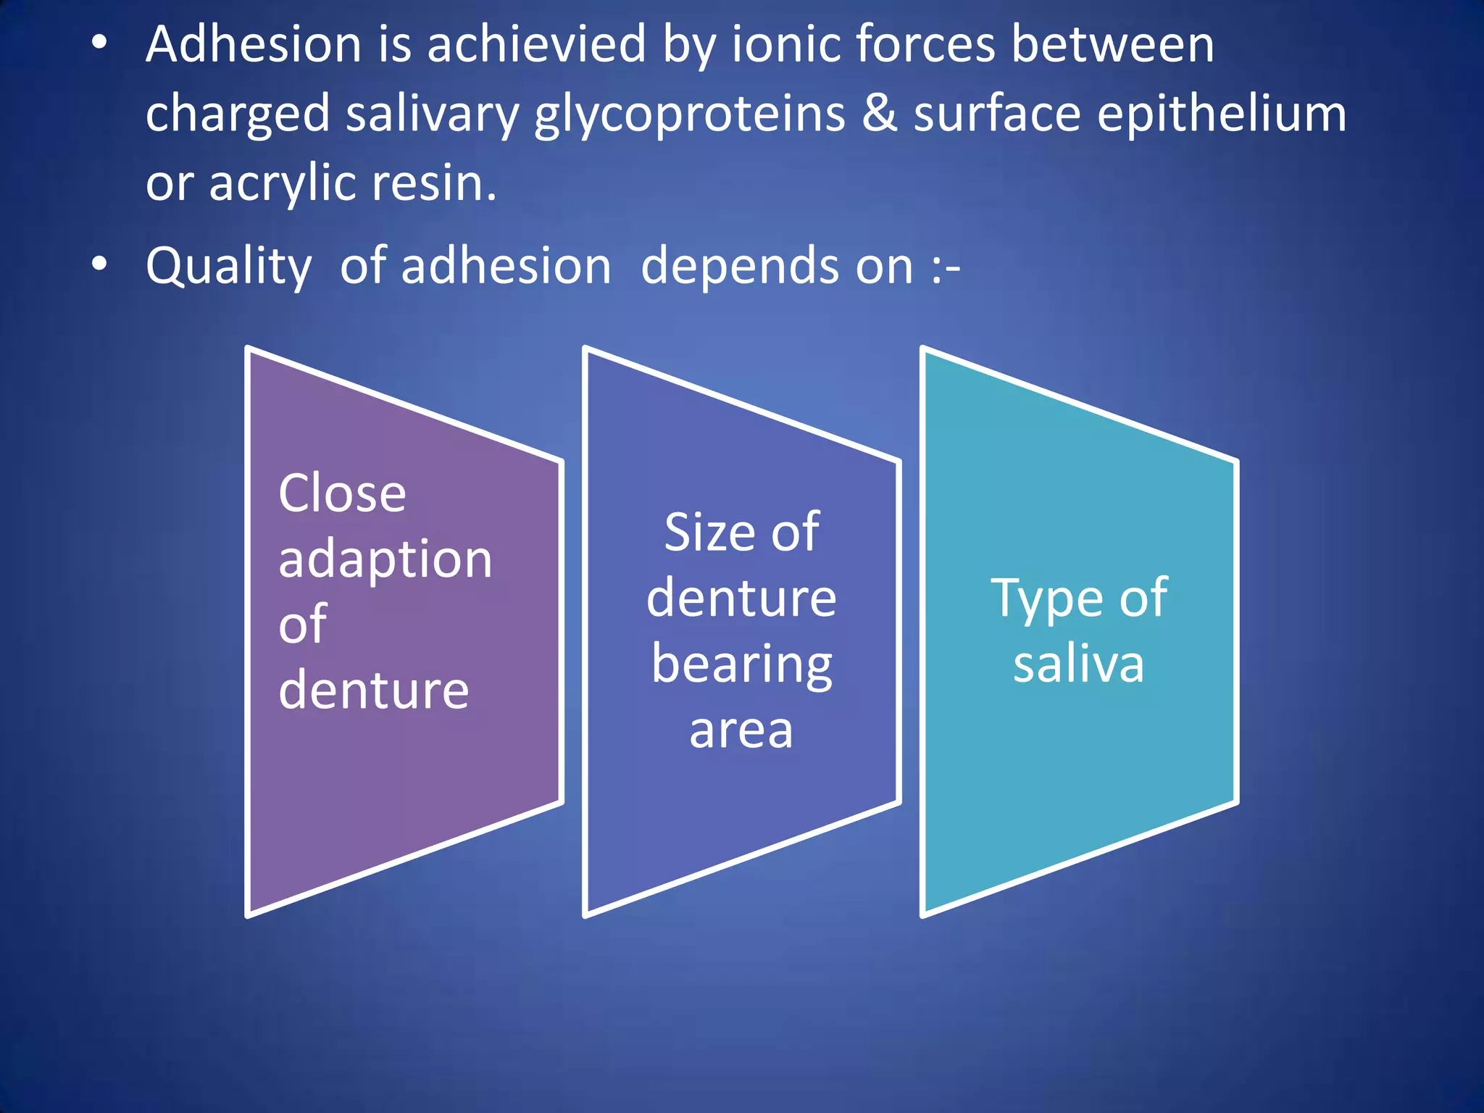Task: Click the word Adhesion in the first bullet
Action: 253,45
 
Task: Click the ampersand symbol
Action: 879,114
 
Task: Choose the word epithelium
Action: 1221,114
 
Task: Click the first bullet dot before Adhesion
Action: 99,44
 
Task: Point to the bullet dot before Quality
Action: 99,264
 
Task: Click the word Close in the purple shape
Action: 342,493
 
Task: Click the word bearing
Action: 741,664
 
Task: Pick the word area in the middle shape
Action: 741,730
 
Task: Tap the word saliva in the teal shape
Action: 1078,664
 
